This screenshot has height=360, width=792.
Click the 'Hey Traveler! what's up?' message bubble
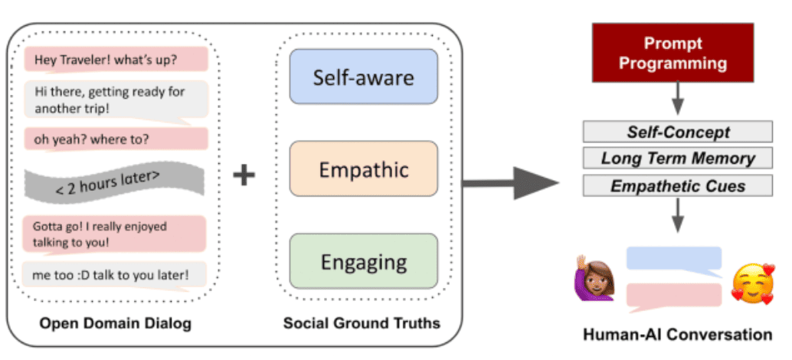point(116,60)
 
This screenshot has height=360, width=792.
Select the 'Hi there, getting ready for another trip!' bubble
point(116,99)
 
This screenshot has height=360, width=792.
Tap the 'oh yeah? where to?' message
point(116,140)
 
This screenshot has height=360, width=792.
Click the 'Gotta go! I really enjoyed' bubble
point(116,234)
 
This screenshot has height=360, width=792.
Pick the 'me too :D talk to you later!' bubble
point(116,273)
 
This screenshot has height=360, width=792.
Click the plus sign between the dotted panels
point(244,176)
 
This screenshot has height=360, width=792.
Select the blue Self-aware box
point(363,77)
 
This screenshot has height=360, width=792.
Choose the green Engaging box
point(363,261)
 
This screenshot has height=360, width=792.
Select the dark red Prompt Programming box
point(673,54)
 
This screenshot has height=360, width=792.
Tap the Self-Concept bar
point(674,131)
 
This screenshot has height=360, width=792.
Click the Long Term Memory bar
point(674,159)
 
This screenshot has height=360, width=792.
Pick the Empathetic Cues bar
point(674,185)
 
